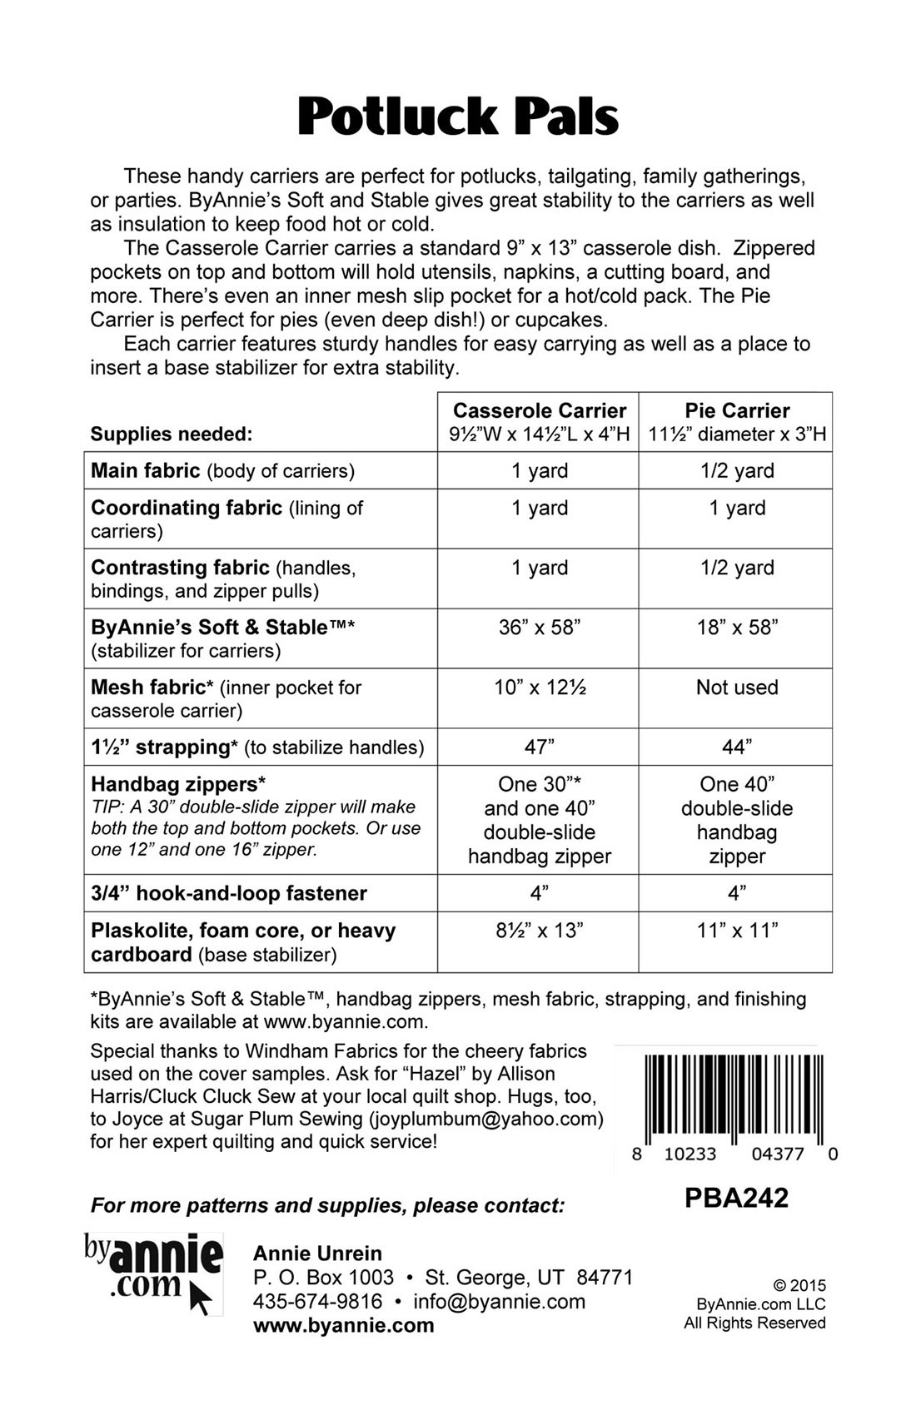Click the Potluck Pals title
pos(458,117)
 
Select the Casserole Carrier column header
pos(539,411)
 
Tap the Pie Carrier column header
pos(737,411)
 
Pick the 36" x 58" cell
pos(539,628)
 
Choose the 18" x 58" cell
pos(737,628)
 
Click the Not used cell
pos(737,688)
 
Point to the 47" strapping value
pos(539,747)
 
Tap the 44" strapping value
pos(737,747)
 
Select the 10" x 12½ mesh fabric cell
pos(539,688)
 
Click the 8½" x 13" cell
pos(539,931)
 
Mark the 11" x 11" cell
pos(737,931)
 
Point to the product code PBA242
pos(736,1198)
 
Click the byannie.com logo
pos(153,1273)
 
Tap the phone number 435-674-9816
pos(317,1302)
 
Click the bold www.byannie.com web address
pos(343,1326)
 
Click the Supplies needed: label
pos(171,434)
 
